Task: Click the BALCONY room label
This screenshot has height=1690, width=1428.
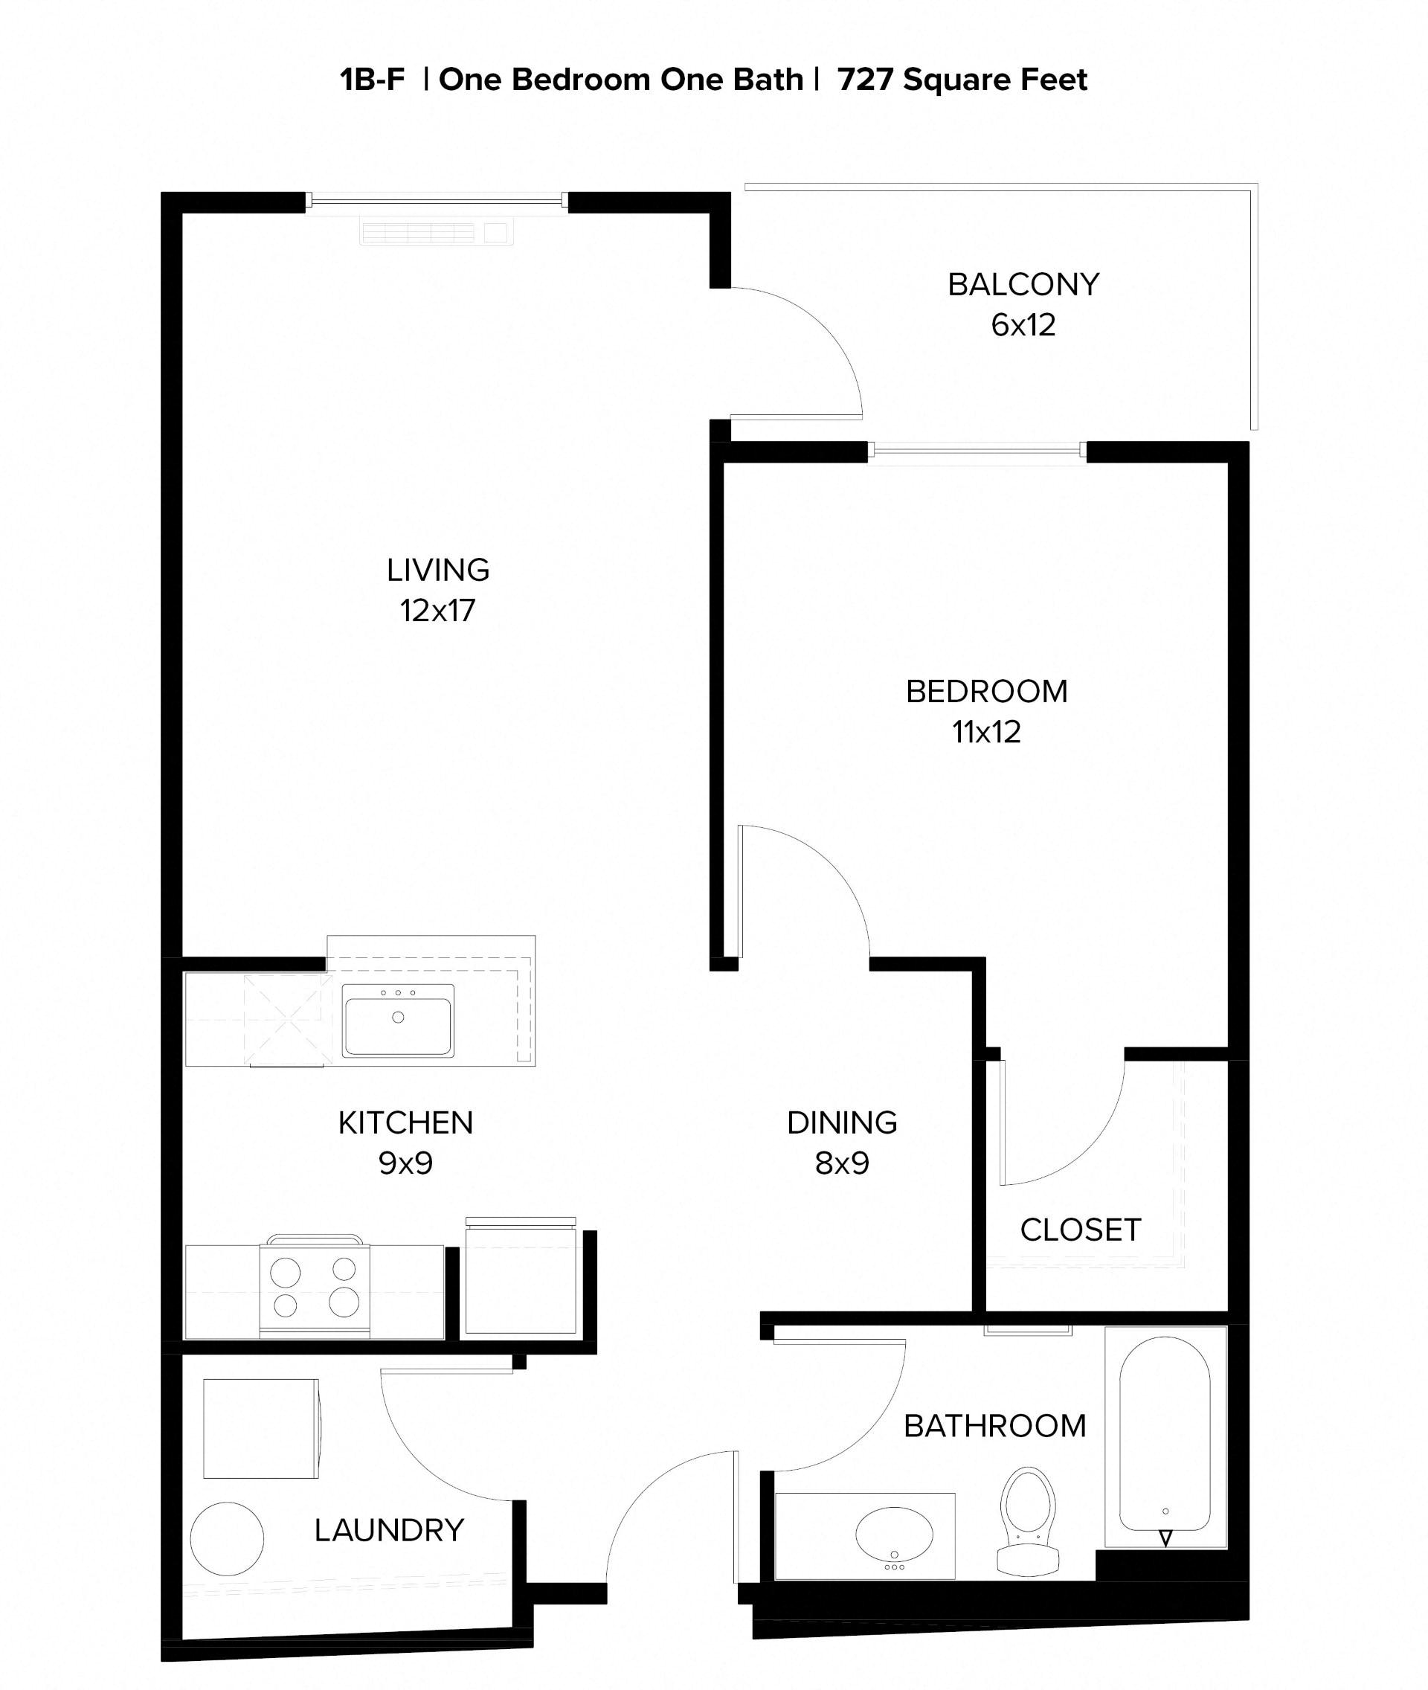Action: [1023, 284]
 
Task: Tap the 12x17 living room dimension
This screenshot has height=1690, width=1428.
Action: [437, 611]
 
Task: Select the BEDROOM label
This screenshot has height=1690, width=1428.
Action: [986, 691]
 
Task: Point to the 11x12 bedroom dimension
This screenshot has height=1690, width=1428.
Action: [986, 732]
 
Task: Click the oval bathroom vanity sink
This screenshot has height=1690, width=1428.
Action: [894, 1534]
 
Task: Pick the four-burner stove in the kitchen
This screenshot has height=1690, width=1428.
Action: [314, 1288]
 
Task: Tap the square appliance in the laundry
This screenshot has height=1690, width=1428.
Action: [260, 1428]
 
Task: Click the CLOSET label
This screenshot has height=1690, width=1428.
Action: [1080, 1230]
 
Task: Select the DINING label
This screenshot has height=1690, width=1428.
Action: [842, 1122]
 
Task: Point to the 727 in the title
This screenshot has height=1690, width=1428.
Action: [864, 80]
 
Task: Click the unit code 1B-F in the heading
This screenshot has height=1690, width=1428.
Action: [373, 80]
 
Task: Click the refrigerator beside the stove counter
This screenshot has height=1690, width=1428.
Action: [521, 1279]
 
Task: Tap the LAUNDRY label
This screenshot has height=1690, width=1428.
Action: [390, 1531]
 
